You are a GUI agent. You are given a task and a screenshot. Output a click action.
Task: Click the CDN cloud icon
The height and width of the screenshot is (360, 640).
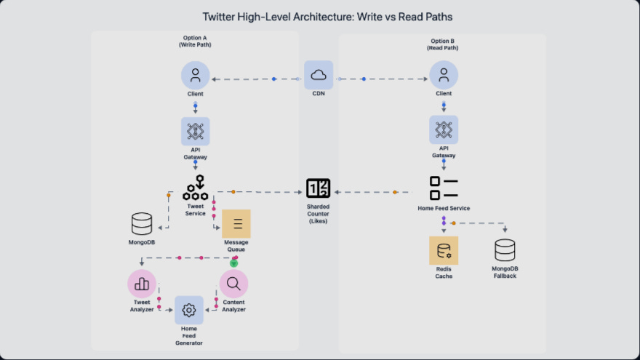[x=319, y=75]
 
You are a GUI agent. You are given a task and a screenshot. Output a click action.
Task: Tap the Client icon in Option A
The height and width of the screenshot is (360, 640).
[x=195, y=75]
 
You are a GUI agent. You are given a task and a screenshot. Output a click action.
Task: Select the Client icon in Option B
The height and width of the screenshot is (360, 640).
[x=444, y=75]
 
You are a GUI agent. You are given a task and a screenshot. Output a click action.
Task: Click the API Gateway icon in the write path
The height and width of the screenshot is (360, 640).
[x=195, y=132]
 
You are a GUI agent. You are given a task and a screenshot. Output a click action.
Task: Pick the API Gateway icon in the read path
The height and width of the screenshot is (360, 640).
[x=444, y=130]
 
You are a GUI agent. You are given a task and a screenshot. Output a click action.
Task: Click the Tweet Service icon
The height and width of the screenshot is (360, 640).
[x=195, y=188]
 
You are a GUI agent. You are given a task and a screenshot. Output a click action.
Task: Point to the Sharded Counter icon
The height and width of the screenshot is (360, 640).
[x=318, y=188]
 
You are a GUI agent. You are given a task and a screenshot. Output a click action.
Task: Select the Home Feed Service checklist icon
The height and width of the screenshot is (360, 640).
[x=444, y=188]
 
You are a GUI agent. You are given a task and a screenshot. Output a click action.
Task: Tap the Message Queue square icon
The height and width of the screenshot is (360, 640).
[x=236, y=224]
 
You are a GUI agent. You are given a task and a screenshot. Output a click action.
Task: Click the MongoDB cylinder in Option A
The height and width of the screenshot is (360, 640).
[x=142, y=223]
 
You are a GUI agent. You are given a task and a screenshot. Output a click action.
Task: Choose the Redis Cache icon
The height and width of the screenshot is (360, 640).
[x=444, y=250]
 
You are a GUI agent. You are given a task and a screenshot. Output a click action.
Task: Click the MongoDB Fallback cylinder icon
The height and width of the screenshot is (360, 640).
[x=505, y=250]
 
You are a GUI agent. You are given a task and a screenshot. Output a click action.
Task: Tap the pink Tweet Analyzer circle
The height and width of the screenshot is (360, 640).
[x=142, y=284]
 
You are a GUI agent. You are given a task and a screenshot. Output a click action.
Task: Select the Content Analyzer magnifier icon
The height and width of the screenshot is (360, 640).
[x=233, y=284]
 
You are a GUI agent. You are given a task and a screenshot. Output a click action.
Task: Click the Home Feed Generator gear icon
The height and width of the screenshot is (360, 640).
[x=189, y=310]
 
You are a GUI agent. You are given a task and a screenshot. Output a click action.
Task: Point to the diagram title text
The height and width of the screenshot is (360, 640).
[x=320, y=16]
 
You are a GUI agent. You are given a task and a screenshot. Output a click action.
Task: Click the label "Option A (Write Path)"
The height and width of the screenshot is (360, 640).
[x=194, y=41]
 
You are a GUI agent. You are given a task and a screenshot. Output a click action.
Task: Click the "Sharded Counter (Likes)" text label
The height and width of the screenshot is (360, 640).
[x=318, y=214]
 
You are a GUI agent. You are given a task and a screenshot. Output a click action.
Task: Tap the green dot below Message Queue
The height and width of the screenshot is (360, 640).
[x=234, y=263]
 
